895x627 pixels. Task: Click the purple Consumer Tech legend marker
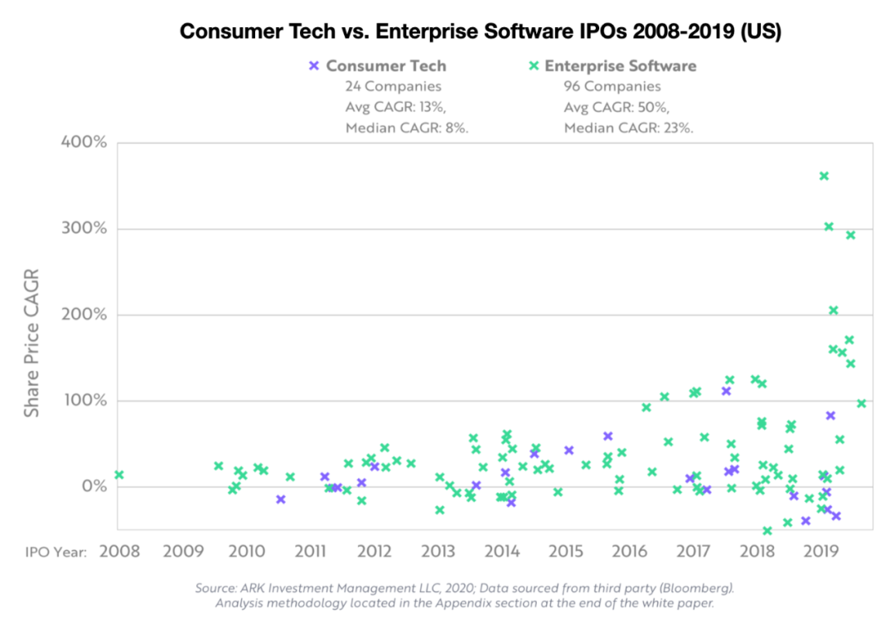314,65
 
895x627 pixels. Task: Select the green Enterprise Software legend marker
535,65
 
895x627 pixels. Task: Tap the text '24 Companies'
394,86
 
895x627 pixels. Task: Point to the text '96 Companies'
612,86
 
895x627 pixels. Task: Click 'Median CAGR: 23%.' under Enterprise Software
629,128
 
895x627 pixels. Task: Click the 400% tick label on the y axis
84,142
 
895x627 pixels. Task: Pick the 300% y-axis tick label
85,229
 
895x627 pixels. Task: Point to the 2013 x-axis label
438,552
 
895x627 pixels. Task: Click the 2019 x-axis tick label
820,552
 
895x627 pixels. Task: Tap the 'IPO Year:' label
52,552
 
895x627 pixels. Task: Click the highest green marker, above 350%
824,176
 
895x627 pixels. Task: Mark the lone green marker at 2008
119,475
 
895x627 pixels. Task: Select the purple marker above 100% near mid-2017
726,391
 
